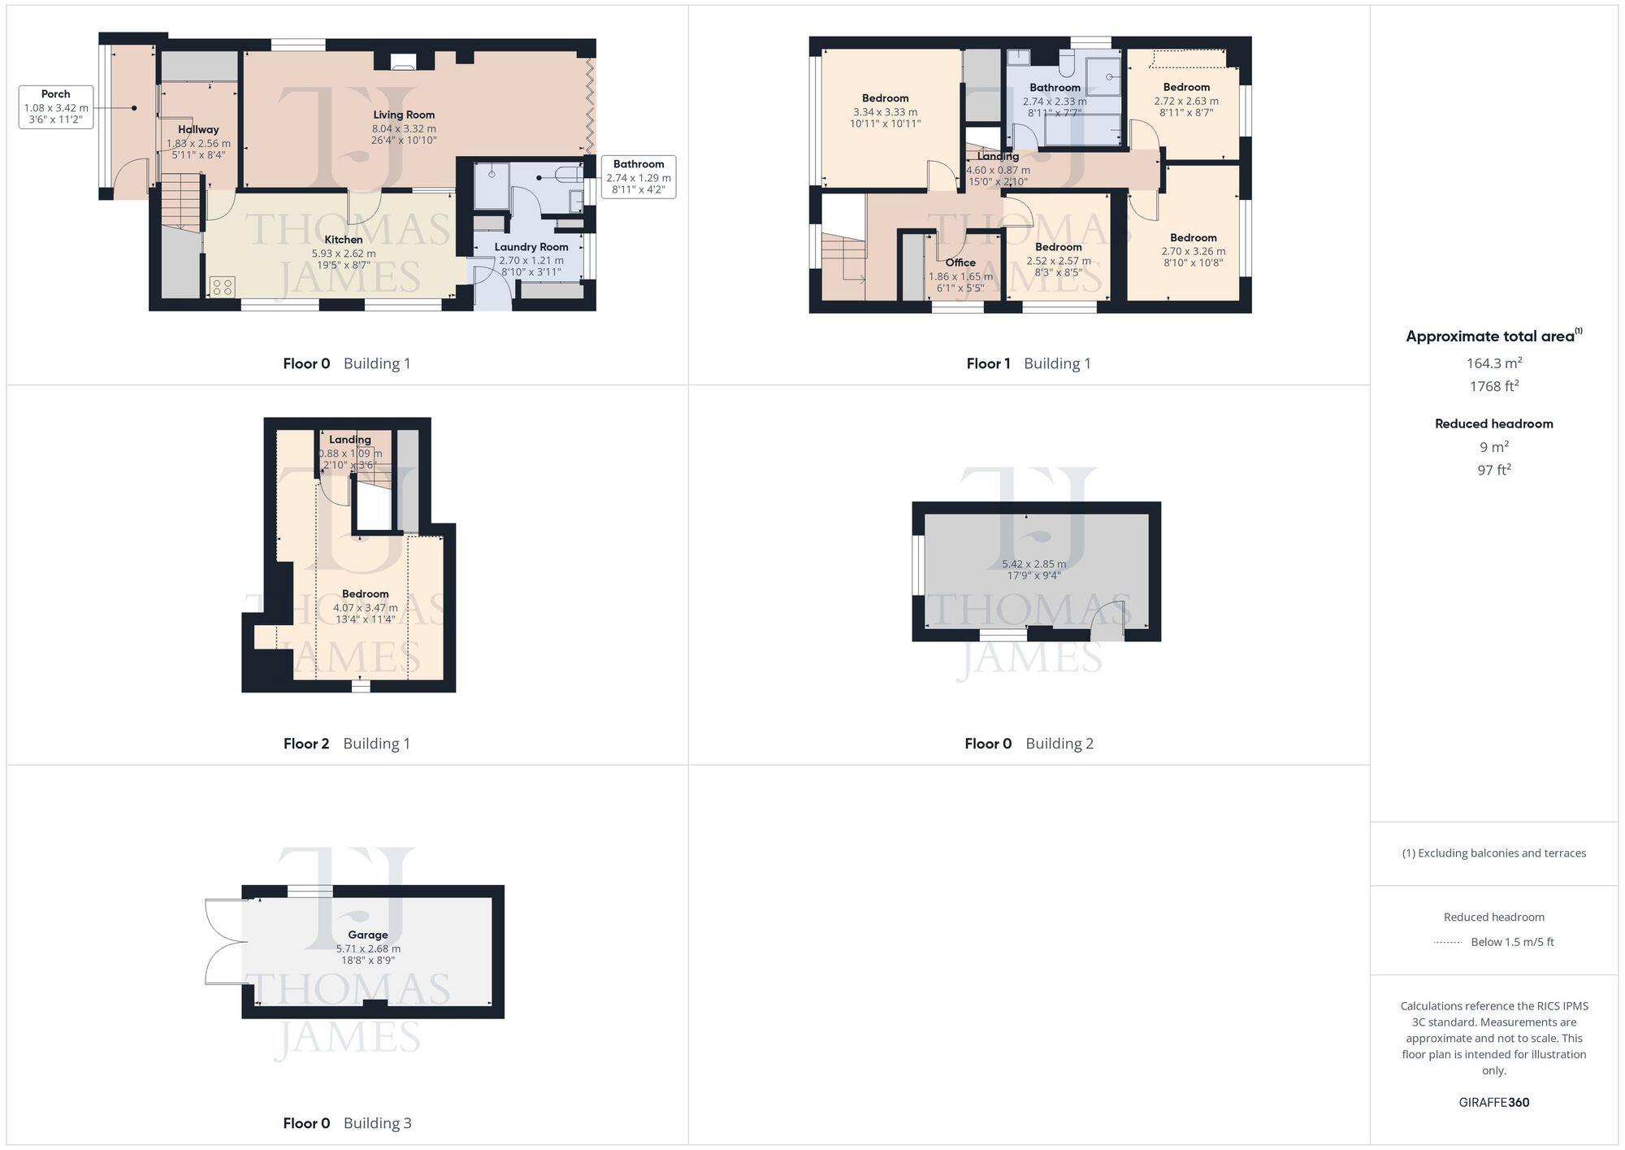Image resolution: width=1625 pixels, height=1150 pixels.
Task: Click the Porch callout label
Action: [56, 106]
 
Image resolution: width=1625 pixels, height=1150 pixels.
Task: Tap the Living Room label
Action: [404, 115]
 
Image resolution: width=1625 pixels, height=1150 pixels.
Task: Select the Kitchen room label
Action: [344, 240]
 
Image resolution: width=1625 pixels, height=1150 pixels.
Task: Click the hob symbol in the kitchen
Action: [222, 286]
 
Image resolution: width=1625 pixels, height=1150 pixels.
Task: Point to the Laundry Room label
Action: [531, 247]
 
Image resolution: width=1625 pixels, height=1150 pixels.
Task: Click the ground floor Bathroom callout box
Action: [639, 177]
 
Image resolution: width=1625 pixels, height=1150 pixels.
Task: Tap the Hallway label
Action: [198, 129]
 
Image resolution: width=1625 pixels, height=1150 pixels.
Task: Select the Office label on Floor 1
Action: [960, 263]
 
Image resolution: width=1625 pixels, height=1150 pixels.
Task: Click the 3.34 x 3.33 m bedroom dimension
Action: [886, 112]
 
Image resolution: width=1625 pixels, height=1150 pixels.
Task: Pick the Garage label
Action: [368, 935]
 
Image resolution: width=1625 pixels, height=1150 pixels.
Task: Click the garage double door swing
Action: [225, 942]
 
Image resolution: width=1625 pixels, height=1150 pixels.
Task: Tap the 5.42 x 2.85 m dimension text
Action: [1033, 564]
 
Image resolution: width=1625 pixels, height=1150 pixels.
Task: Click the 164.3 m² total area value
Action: [1493, 362]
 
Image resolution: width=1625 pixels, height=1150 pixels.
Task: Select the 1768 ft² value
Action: [1493, 386]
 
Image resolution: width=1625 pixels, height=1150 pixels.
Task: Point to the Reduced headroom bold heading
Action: [1493, 423]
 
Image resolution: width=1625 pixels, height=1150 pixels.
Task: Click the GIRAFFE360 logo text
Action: [1493, 1102]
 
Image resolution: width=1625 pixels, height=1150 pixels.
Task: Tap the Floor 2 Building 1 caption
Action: [347, 743]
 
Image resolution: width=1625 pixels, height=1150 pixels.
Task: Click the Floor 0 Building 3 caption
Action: [347, 1123]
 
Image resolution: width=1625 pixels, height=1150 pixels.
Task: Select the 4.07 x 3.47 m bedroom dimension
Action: [366, 608]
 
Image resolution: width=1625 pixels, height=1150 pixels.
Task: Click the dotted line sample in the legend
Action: [1448, 942]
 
